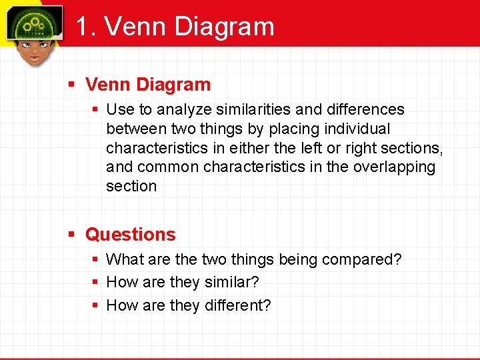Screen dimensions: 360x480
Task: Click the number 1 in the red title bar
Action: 81,27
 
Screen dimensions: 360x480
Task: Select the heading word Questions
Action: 131,235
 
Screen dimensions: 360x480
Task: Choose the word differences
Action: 363,109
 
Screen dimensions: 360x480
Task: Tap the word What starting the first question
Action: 122,259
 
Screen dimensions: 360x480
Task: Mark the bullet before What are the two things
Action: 96,259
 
